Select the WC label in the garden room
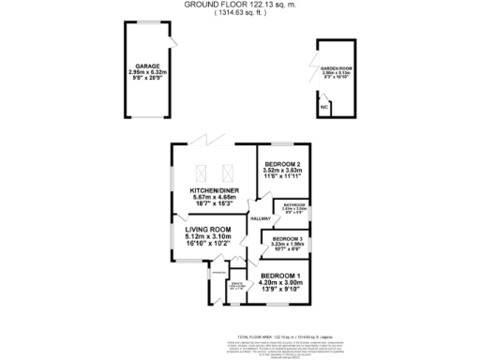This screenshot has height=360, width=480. (324, 108)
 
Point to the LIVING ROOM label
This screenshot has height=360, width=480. (207, 230)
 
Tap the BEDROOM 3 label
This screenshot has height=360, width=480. (287, 239)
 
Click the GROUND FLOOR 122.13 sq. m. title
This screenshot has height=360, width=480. (239, 5)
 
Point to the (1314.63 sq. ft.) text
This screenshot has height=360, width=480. (239, 12)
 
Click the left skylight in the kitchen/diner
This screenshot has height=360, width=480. (199, 172)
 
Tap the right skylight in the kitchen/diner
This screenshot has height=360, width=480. (226, 172)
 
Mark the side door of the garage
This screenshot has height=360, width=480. (174, 40)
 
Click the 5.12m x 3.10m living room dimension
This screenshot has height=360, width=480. (207, 237)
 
